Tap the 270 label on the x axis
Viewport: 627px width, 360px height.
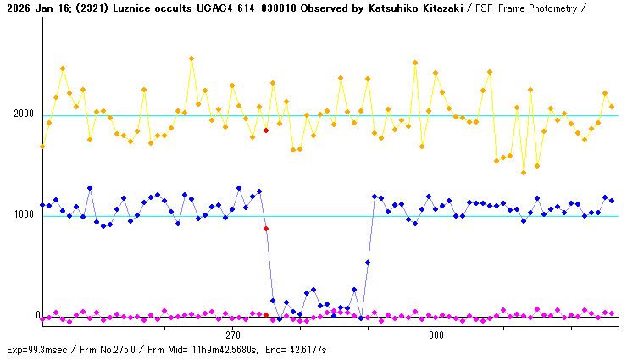233,335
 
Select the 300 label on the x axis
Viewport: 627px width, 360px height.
436,335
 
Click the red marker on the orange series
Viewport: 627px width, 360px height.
266,130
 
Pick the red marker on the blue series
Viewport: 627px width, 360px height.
266,229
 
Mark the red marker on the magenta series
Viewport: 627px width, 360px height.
266,315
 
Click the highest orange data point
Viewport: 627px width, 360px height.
191,58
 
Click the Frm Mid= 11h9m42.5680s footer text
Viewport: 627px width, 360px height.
207,350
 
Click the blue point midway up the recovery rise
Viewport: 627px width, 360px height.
368,263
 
